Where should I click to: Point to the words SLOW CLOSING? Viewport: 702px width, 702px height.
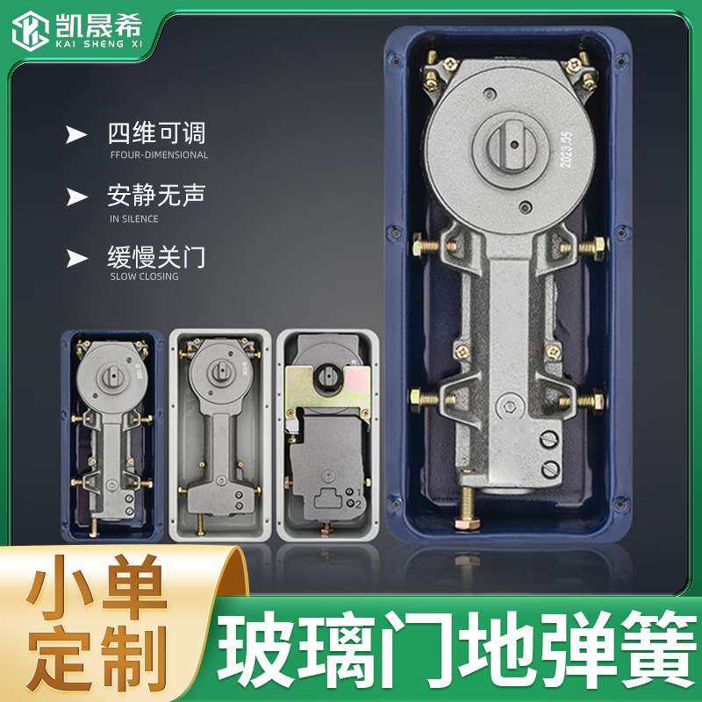pos(144,276)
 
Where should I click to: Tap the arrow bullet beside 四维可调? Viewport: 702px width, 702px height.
pos(77,134)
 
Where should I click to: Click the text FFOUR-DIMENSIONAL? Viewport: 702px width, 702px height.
pos(159,155)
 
